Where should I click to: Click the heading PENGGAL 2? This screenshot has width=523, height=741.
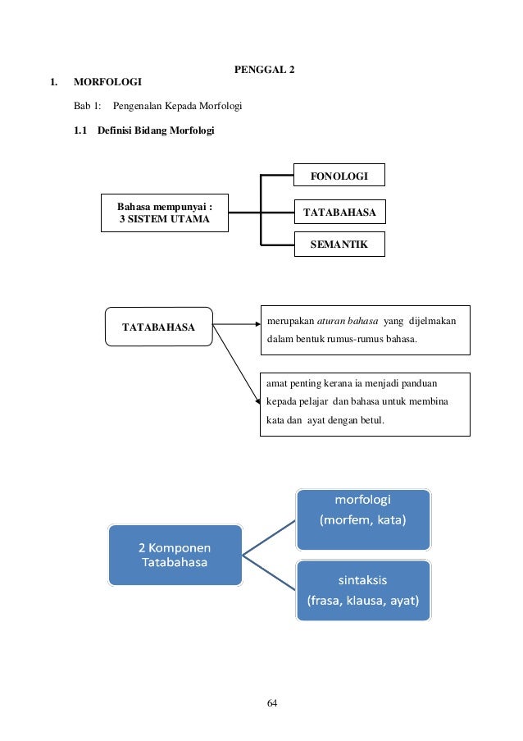pyautogui.click(x=265, y=70)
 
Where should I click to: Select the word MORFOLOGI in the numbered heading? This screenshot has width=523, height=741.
pyautogui.click(x=107, y=82)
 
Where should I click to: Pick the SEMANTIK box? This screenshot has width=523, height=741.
pyautogui.click(x=339, y=245)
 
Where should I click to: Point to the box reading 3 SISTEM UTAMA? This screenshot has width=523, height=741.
pyautogui.click(x=165, y=213)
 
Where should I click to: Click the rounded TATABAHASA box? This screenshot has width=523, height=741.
pyautogui.click(x=159, y=327)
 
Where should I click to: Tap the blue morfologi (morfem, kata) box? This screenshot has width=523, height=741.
pyautogui.click(x=362, y=510)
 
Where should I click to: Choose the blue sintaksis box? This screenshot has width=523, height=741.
pyautogui.click(x=362, y=588)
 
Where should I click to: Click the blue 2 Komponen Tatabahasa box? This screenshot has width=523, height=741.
pyautogui.click(x=175, y=555)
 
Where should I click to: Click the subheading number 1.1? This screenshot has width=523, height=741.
pyautogui.click(x=80, y=130)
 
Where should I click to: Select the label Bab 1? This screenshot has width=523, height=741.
pyautogui.click(x=86, y=107)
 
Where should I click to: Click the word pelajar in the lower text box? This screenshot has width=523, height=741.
pyautogui.click(x=322, y=402)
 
